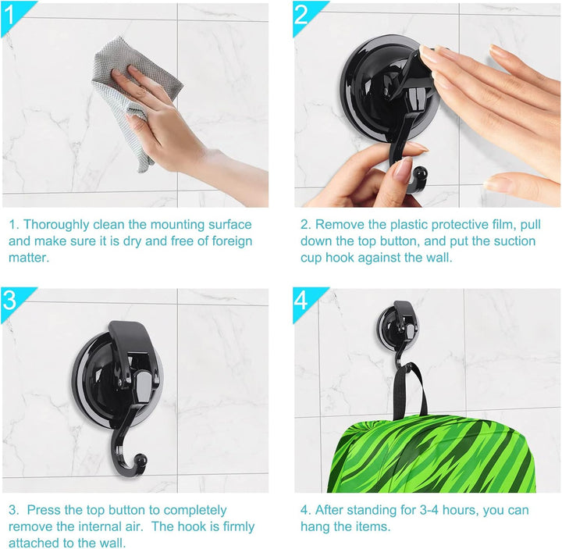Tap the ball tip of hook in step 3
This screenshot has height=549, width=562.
pos(140,460)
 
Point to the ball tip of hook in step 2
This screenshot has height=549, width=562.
pos(420,174)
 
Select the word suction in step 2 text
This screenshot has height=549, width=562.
pos(514,241)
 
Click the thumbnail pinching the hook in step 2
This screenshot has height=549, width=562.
pos(401,169)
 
